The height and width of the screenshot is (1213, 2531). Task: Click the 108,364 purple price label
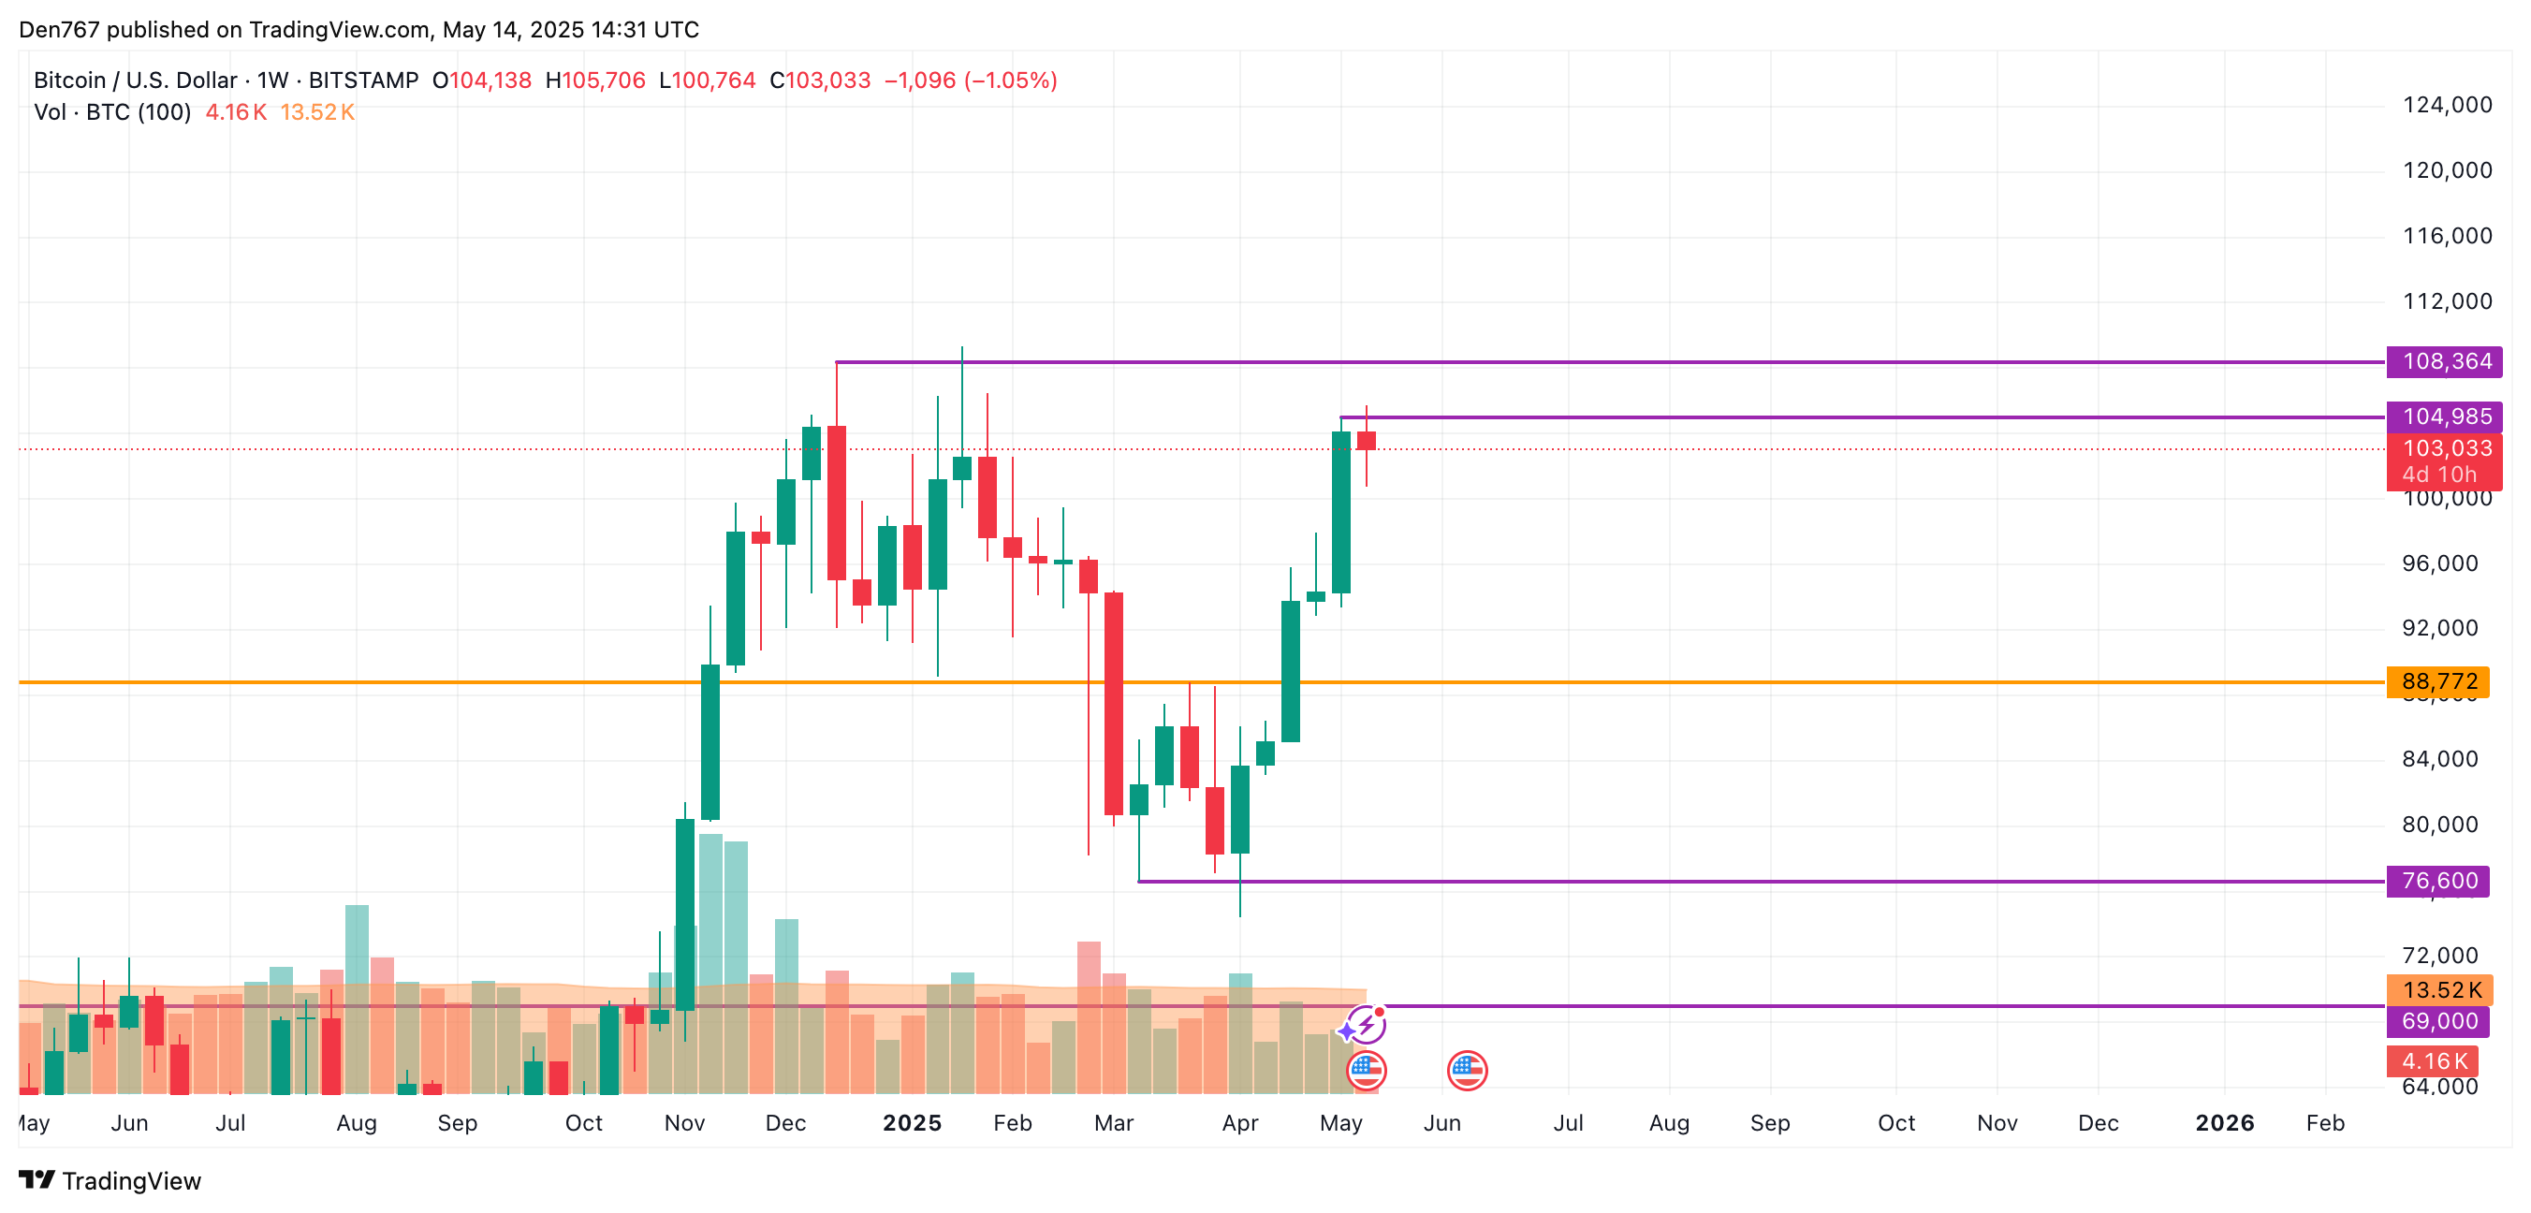click(x=2446, y=361)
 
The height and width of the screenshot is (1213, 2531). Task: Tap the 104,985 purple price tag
click(x=2446, y=417)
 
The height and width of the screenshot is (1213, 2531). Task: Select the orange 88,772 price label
click(x=2438, y=681)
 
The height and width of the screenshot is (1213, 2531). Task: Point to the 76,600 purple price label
click(x=2438, y=881)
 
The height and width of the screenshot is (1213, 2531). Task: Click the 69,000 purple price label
click(x=2438, y=1021)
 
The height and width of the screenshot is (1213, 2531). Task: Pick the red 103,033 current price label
click(x=2446, y=449)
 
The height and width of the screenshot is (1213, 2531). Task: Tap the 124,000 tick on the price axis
click(x=2447, y=105)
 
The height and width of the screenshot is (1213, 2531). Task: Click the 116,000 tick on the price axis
click(x=2447, y=236)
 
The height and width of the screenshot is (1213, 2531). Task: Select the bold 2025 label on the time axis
click(x=912, y=1122)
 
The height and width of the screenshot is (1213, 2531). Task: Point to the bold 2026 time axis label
click(x=2224, y=1122)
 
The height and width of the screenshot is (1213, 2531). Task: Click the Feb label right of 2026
click(x=2325, y=1122)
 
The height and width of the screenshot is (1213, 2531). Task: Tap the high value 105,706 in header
click(x=602, y=80)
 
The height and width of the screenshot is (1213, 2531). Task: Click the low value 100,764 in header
click(x=713, y=80)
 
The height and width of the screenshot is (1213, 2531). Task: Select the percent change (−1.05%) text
click(x=1010, y=80)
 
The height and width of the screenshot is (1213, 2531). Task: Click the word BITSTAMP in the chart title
click(x=363, y=80)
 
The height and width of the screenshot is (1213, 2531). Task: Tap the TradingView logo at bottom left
click(x=110, y=1179)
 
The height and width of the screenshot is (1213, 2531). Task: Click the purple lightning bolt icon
click(x=1365, y=1027)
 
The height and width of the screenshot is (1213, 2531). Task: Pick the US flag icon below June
click(x=1467, y=1071)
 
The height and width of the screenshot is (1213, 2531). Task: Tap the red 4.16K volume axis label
click(x=2434, y=1060)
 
